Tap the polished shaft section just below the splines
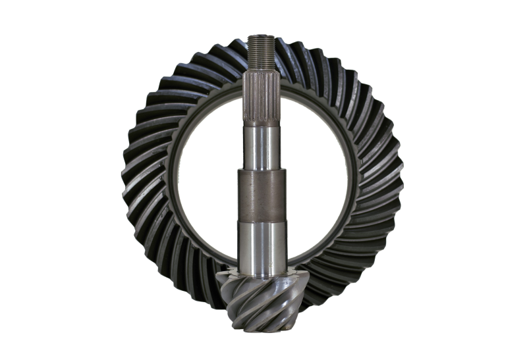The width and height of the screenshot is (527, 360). coord(262,146)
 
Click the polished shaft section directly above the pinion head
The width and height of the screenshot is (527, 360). coord(262,246)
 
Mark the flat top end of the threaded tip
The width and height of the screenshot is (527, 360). coord(262,36)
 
